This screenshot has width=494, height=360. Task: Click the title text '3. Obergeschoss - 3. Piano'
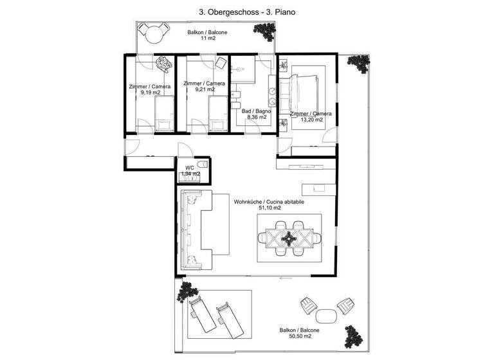(246, 12)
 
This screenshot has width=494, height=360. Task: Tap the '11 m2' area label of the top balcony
(207, 39)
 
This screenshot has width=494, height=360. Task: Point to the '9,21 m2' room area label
(204, 90)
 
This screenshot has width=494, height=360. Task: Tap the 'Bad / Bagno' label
(256, 111)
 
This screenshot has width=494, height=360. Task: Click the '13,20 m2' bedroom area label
(311, 120)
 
